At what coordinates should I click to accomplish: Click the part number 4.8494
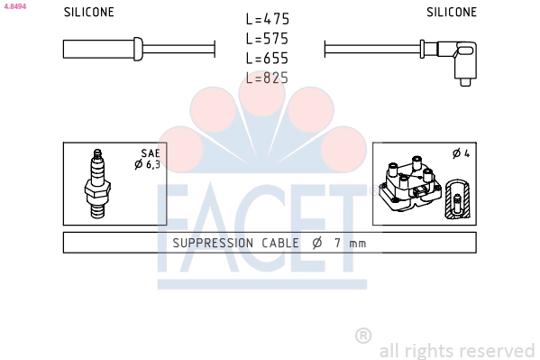click(15, 6)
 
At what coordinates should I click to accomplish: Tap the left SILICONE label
click(89, 13)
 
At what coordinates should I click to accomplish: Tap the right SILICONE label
click(452, 13)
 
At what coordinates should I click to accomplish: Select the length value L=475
click(268, 19)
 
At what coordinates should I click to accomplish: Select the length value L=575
click(268, 39)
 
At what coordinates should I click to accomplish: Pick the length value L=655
click(268, 59)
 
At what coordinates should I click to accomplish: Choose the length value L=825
click(268, 78)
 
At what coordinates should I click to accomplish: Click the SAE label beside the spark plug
click(150, 153)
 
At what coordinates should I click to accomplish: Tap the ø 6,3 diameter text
click(148, 165)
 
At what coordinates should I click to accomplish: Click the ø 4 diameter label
click(461, 153)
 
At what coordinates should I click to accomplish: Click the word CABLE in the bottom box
click(281, 243)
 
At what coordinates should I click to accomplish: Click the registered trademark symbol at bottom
click(363, 336)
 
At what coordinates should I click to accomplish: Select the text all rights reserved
click(457, 350)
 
